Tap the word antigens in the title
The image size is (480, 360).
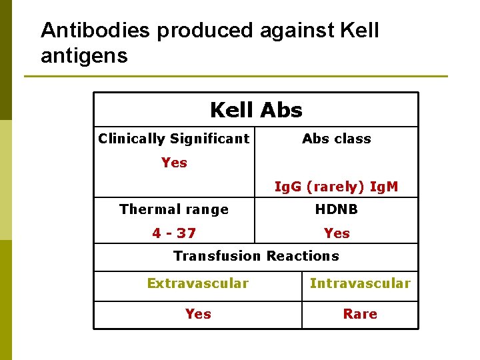[84, 56]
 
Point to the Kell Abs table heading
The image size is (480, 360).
[256, 110]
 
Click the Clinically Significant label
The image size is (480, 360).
[174, 139]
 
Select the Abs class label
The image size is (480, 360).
[336, 139]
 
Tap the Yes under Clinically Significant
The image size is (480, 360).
[174, 163]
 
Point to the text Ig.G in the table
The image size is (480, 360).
[288, 187]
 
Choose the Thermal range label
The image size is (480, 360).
[174, 209]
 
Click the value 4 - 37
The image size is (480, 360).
[174, 233]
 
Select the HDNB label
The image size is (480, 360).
[336, 209]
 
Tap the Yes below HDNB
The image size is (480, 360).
[336, 233]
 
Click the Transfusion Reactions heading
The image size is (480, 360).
[256, 256]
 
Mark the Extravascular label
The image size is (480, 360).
[198, 283]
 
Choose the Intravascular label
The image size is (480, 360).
[360, 283]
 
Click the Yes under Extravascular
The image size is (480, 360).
[198, 314]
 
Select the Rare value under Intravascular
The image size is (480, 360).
[360, 314]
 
